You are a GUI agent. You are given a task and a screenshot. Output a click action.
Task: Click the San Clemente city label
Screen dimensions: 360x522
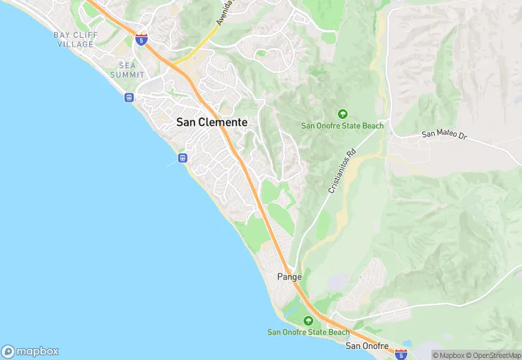(212, 122)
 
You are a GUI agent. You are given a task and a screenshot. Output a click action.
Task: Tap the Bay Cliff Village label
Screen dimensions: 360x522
(76, 39)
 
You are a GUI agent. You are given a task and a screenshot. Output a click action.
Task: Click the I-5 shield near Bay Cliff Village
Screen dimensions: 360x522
(141, 39)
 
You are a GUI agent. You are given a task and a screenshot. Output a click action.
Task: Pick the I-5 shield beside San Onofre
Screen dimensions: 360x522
(401, 354)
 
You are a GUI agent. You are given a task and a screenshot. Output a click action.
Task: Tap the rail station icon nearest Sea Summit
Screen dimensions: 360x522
(128, 98)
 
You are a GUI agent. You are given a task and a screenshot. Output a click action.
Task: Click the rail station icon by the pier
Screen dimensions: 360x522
(183, 158)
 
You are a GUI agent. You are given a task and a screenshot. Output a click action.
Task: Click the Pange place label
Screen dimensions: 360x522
(289, 277)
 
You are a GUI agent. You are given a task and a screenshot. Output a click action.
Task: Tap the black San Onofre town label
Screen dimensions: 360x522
(367, 346)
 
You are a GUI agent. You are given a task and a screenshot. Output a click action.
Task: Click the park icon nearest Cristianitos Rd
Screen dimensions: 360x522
(342, 114)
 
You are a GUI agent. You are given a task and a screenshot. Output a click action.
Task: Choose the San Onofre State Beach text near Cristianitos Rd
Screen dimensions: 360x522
(342, 126)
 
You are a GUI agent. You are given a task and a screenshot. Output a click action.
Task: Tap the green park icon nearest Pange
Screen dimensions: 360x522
(308, 321)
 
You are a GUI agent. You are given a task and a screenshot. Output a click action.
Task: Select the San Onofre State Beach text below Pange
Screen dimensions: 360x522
(308, 333)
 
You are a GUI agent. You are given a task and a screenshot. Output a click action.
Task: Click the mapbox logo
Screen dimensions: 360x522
(31, 350)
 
